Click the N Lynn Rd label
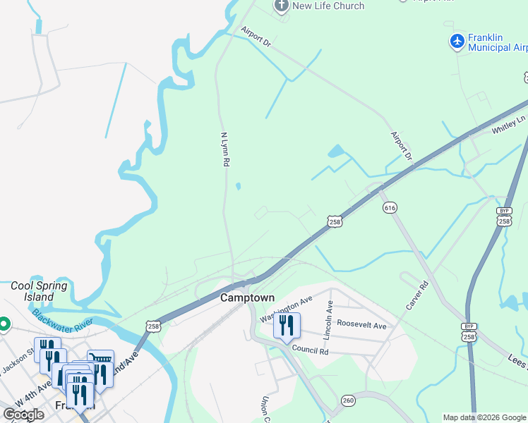click(x=225, y=149)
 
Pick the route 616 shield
click(x=390, y=208)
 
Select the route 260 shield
click(x=347, y=400)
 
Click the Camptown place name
click(x=247, y=298)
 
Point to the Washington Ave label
click(x=286, y=308)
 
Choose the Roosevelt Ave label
click(x=361, y=326)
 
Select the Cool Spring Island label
click(x=40, y=292)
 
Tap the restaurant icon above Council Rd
click(x=287, y=325)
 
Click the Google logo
click(x=23, y=415)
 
